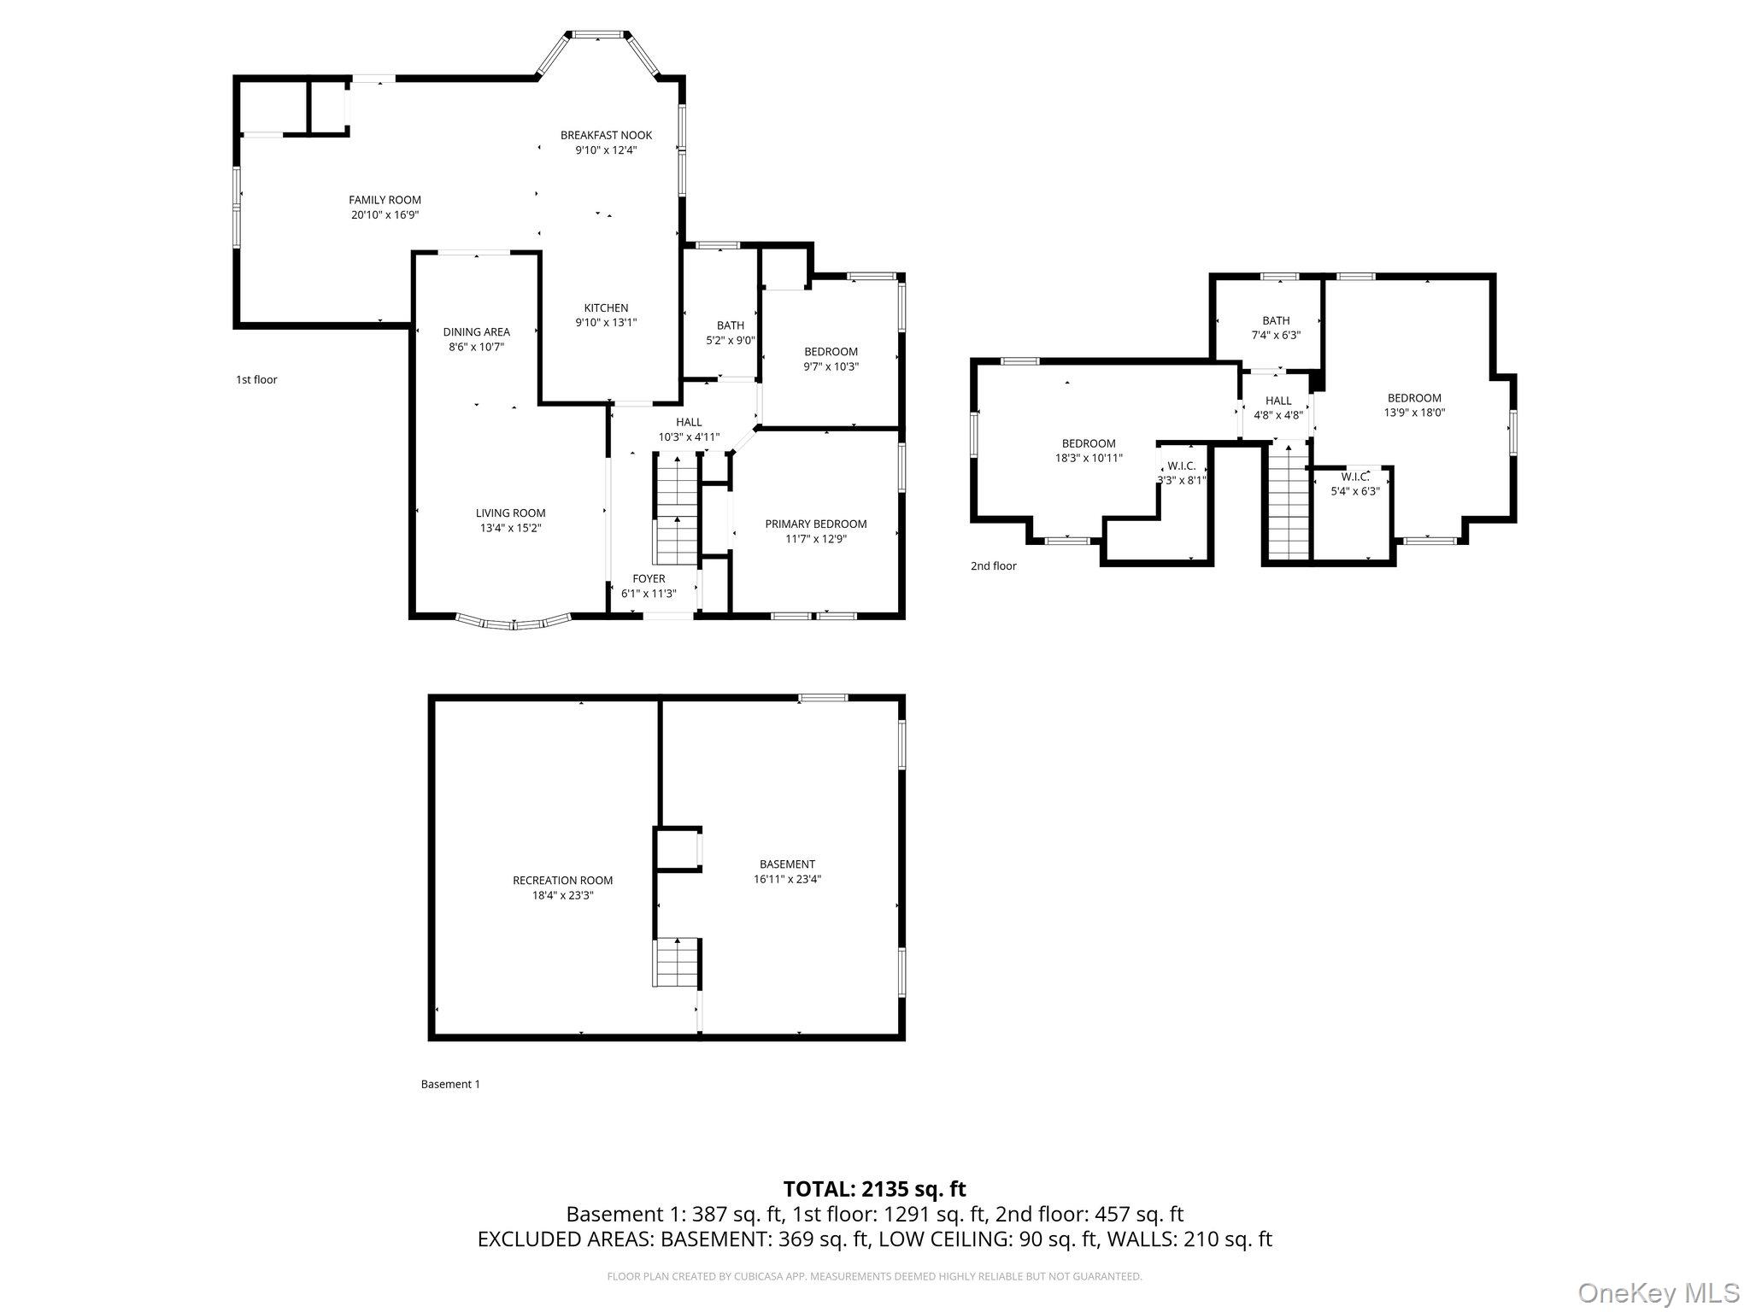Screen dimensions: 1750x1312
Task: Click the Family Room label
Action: click(x=385, y=200)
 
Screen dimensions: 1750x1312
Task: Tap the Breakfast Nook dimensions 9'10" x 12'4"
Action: click(x=606, y=150)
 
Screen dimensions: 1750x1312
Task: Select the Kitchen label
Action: click(x=606, y=307)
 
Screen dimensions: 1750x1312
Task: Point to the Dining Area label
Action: click(x=476, y=331)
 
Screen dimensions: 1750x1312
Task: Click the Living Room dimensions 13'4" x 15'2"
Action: click(x=510, y=528)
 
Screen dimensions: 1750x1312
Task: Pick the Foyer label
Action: click(x=649, y=578)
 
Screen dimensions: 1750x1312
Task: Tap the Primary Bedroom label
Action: click(x=815, y=524)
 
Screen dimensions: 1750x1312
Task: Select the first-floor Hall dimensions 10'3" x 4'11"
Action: click(x=689, y=436)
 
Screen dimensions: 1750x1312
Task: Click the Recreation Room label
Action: click(x=562, y=880)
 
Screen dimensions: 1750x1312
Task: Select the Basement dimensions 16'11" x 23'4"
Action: click(x=787, y=879)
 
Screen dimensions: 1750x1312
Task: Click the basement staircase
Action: click(x=678, y=962)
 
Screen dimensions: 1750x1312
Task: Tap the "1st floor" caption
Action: click(x=256, y=379)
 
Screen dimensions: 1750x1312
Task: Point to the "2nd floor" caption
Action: click(x=993, y=565)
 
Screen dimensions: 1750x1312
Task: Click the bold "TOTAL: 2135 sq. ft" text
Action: click(x=874, y=1188)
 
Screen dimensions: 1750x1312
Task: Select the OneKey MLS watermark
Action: click(x=1659, y=1292)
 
